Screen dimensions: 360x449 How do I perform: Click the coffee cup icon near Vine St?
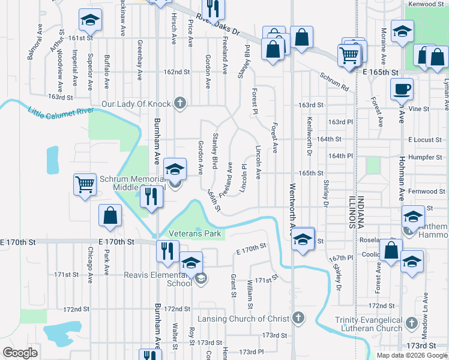tap(402, 89)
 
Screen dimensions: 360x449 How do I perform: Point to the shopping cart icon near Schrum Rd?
tap(349, 55)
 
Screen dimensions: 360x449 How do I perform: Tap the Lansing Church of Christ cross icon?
tap(298, 318)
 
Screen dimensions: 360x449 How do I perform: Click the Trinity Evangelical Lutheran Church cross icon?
tap(411, 324)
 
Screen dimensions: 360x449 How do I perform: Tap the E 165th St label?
tap(381, 72)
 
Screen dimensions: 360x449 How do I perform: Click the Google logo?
tap(20, 352)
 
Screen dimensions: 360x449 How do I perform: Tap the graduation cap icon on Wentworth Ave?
tap(303, 239)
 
